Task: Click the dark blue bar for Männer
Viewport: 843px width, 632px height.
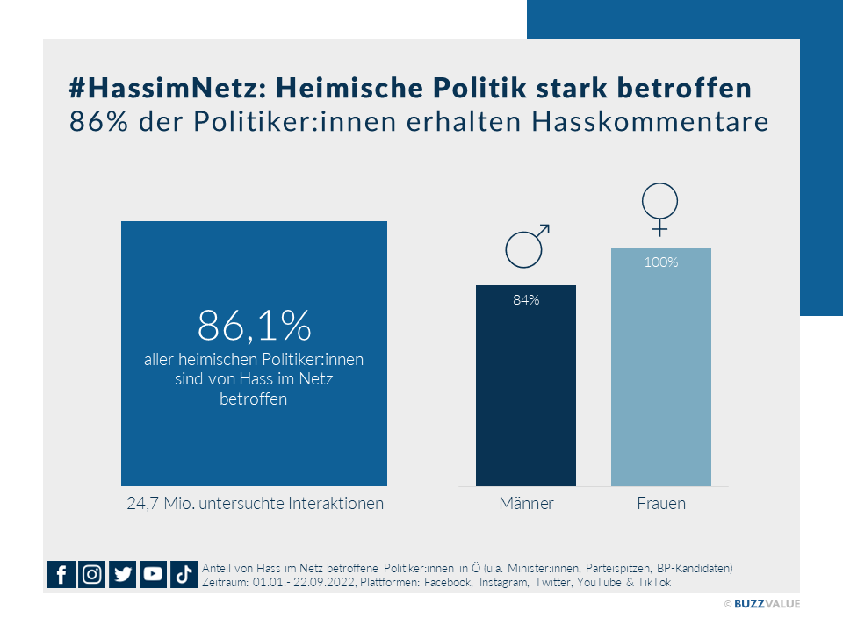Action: coord(526,385)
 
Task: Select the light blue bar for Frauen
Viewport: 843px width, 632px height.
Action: coord(660,367)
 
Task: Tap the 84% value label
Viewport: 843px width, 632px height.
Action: coord(526,300)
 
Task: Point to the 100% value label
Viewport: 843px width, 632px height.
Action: coord(660,262)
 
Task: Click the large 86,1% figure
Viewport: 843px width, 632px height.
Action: coord(255,325)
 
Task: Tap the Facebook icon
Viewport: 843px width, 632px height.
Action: coord(61,574)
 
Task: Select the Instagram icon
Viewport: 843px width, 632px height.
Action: coord(92,574)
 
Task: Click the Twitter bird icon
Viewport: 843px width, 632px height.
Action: coord(123,574)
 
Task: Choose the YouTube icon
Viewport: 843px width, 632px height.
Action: coord(153,574)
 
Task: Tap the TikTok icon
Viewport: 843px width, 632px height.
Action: coord(184,574)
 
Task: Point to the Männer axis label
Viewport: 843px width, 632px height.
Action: coord(526,504)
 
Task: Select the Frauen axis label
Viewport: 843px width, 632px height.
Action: coord(661,504)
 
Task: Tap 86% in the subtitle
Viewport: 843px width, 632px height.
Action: coord(99,122)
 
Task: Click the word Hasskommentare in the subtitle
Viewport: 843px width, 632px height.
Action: coord(651,122)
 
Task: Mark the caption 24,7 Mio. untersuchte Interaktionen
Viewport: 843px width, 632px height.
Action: coord(256,504)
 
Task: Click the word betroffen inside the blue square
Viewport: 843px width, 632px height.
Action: coord(253,399)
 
